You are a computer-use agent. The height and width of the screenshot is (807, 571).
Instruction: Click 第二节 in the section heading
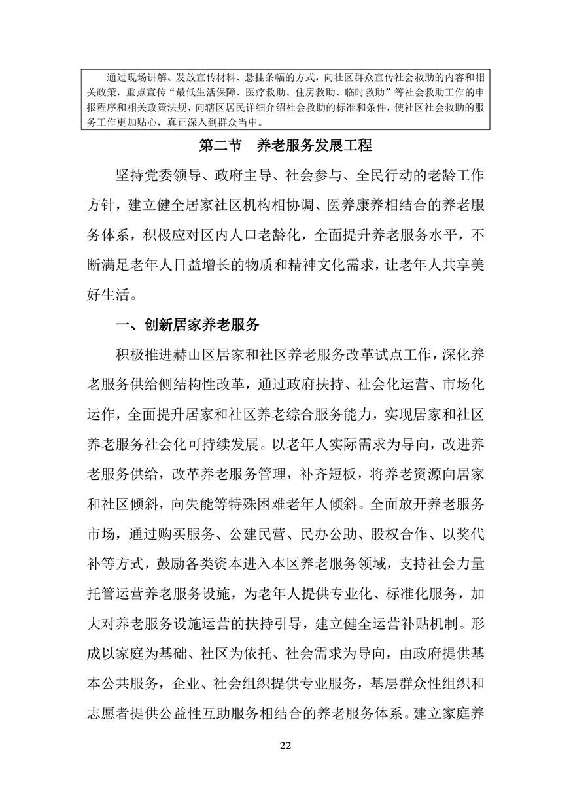coord(219,146)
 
